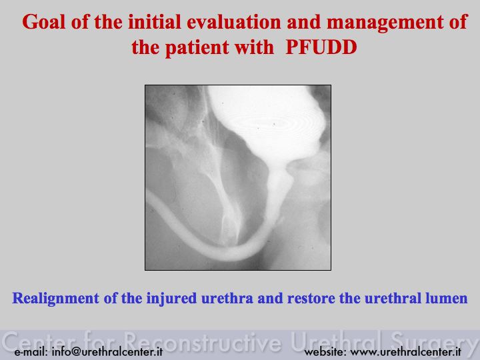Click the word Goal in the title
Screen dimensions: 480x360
click(44, 22)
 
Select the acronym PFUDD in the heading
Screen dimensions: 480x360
click(321, 47)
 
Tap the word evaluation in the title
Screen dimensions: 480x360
click(234, 22)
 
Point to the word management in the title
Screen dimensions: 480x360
click(385, 23)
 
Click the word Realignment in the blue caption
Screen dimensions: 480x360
click(55, 299)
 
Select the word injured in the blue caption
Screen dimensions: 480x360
click(171, 299)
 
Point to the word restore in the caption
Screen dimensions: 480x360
click(311, 299)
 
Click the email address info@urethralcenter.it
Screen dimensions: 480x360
click(107, 352)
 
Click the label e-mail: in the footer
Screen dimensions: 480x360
click(31, 352)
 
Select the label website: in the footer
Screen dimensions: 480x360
click(325, 352)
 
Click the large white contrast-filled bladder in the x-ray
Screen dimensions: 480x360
click(269, 123)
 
